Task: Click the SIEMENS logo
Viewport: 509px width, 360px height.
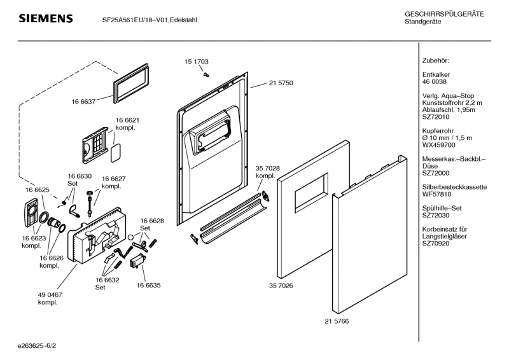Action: point(45,18)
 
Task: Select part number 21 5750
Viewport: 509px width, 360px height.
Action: point(281,83)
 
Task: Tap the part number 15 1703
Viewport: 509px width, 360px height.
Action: point(197,62)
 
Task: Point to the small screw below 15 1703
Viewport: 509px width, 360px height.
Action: point(205,74)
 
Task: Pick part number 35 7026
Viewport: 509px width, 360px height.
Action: point(281,286)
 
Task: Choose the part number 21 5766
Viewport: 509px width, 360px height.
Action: point(337,321)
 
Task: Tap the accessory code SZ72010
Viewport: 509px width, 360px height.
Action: point(436,117)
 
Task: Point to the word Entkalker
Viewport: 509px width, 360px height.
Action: point(436,74)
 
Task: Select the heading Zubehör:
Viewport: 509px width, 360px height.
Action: point(436,60)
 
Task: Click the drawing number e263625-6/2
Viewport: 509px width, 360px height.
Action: point(38,345)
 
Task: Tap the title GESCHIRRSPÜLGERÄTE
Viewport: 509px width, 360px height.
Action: point(444,14)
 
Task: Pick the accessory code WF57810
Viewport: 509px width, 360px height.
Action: point(436,195)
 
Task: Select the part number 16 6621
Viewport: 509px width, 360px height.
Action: point(127,120)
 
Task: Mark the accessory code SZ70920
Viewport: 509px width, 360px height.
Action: point(436,244)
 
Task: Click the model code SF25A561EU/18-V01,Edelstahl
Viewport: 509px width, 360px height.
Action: point(150,20)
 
